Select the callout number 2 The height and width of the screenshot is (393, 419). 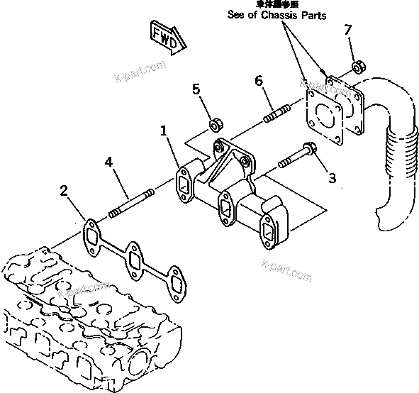click(x=64, y=189)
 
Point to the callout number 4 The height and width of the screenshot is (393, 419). click(x=108, y=162)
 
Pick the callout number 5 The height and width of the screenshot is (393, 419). click(x=197, y=89)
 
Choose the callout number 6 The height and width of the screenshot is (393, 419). click(x=259, y=82)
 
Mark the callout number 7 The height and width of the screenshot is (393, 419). click(x=347, y=30)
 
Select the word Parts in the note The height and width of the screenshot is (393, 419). click(x=313, y=16)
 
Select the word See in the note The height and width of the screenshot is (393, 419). click(x=237, y=16)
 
